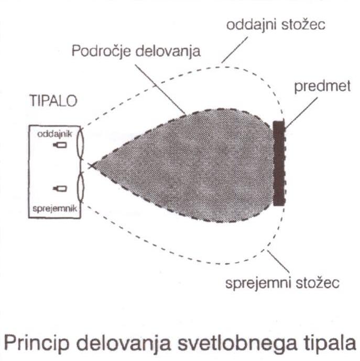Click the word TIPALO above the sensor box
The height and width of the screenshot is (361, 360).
(53, 101)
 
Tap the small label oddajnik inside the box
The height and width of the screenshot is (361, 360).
(54, 134)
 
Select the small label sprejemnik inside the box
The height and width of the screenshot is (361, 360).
(54, 209)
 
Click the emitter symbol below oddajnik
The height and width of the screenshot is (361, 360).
(60, 145)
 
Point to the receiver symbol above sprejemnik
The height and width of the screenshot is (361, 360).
(60, 188)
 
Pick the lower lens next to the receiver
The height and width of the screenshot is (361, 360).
(80, 188)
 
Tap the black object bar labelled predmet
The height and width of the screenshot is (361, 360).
(279, 163)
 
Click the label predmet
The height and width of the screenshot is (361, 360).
(322, 86)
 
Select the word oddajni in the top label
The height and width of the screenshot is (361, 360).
(251, 25)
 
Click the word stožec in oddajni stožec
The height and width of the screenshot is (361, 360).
(303, 25)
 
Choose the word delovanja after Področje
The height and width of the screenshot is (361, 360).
(168, 51)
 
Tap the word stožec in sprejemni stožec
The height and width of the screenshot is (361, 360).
(318, 283)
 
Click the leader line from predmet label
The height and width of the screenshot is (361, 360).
(301, 113)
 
